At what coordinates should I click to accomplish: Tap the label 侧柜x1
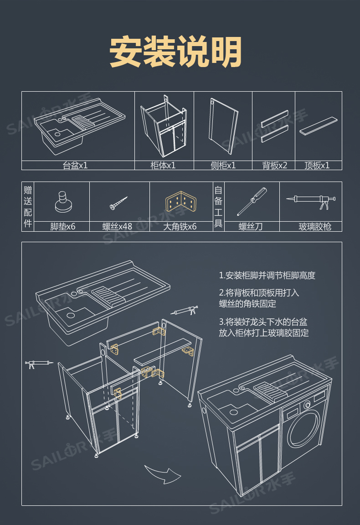[223, 166]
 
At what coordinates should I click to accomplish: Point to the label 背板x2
[274, 166]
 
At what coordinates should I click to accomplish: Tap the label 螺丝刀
[251, 226]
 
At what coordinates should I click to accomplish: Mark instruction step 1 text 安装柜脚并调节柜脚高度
[267, 275]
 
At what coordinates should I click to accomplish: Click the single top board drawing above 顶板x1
[319, 125]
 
